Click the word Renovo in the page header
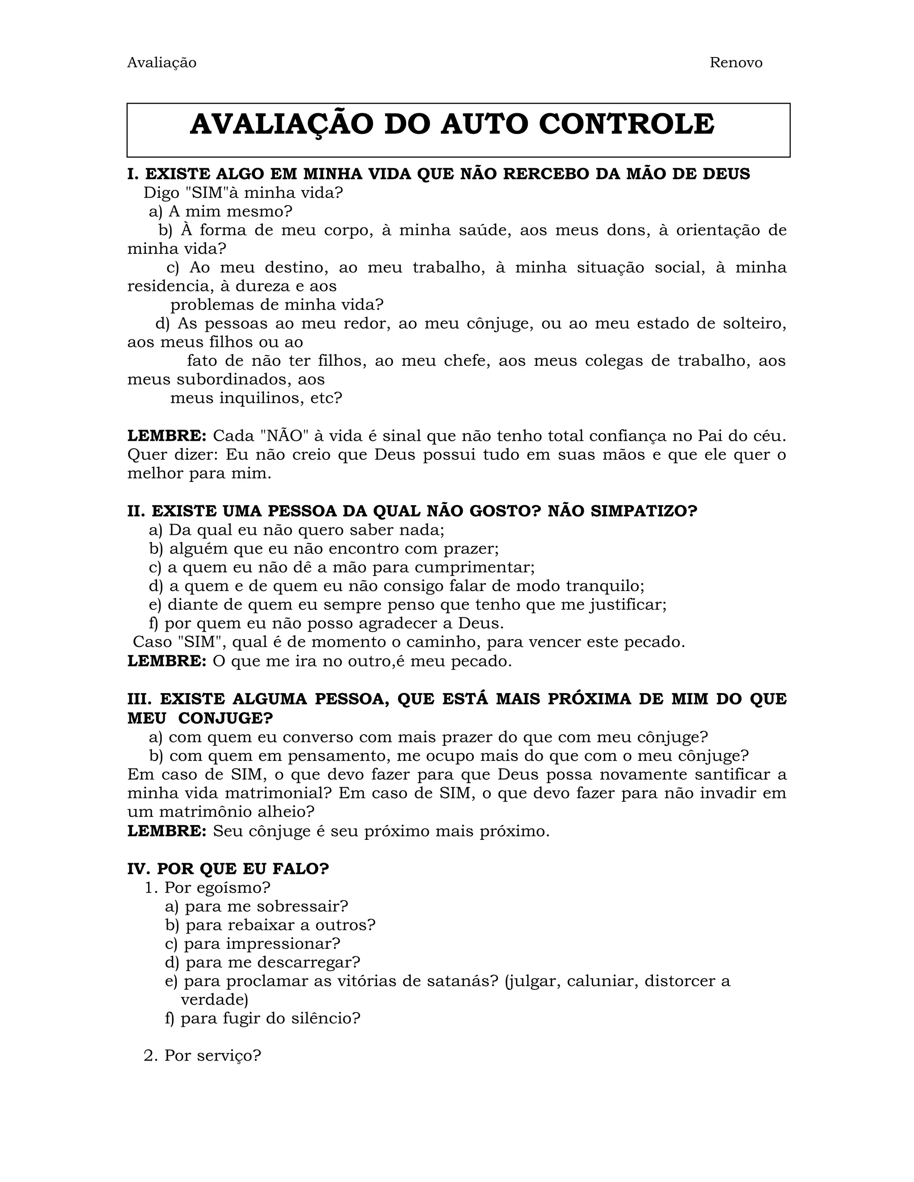[x=735, y=63]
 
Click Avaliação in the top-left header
[x=162, y=63]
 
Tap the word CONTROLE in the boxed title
[x=627, y=124]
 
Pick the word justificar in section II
[x=627, y=604]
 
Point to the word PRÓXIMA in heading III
[x=589, y=699]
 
